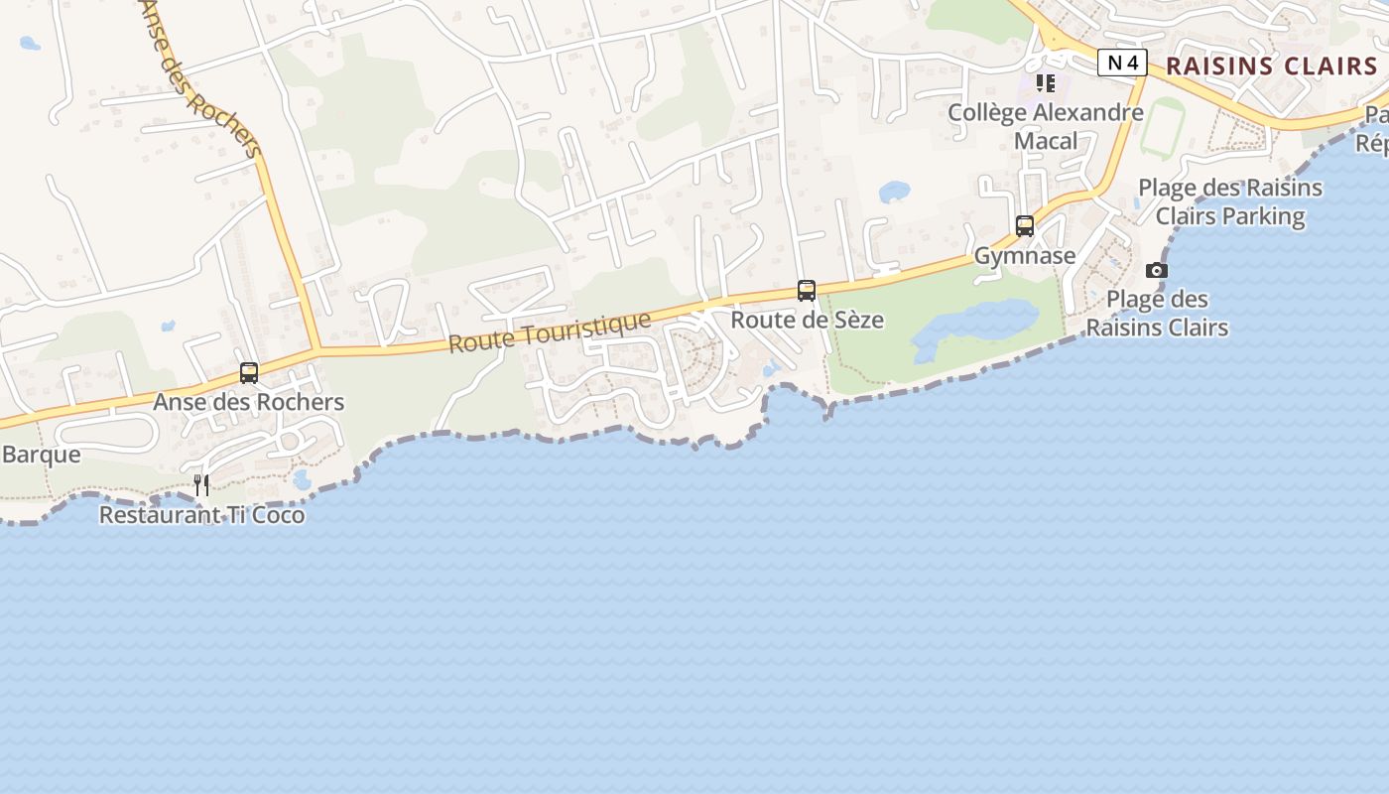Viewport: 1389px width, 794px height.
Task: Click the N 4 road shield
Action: (x=1122, y=64)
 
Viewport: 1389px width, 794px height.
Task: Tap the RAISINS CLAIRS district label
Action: (x=1271, y=66)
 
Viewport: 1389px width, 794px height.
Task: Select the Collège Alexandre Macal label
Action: (x=1046, y=126)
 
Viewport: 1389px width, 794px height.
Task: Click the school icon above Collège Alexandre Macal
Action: (x=1045, y=82)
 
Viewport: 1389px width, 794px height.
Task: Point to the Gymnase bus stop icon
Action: (x=1025, y=226)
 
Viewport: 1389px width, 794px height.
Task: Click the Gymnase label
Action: (x=1025, y=256)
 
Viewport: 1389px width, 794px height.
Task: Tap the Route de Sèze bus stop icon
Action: (x=807, y=291)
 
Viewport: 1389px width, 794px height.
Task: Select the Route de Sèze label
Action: (x=807, y=321)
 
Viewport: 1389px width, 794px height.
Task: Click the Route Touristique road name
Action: (x=550, y=331)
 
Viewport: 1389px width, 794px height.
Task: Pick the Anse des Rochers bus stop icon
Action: (x=249, y=373)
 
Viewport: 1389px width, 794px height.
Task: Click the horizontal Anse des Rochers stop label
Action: (x=249, y=402)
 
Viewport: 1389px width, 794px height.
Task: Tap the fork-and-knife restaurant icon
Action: (x=201, y=485)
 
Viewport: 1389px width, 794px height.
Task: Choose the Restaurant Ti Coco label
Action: (x=201, y=515)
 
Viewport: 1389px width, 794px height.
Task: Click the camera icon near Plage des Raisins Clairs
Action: (x=1156, y=270)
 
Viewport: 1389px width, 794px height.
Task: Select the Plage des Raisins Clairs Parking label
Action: (x=1230, y=201)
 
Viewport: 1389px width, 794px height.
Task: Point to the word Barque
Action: (x=41, y=455)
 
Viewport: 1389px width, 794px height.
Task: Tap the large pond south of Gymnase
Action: (x=972, y=328)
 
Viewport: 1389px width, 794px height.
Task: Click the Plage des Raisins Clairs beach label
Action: (x=1157, y=314)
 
